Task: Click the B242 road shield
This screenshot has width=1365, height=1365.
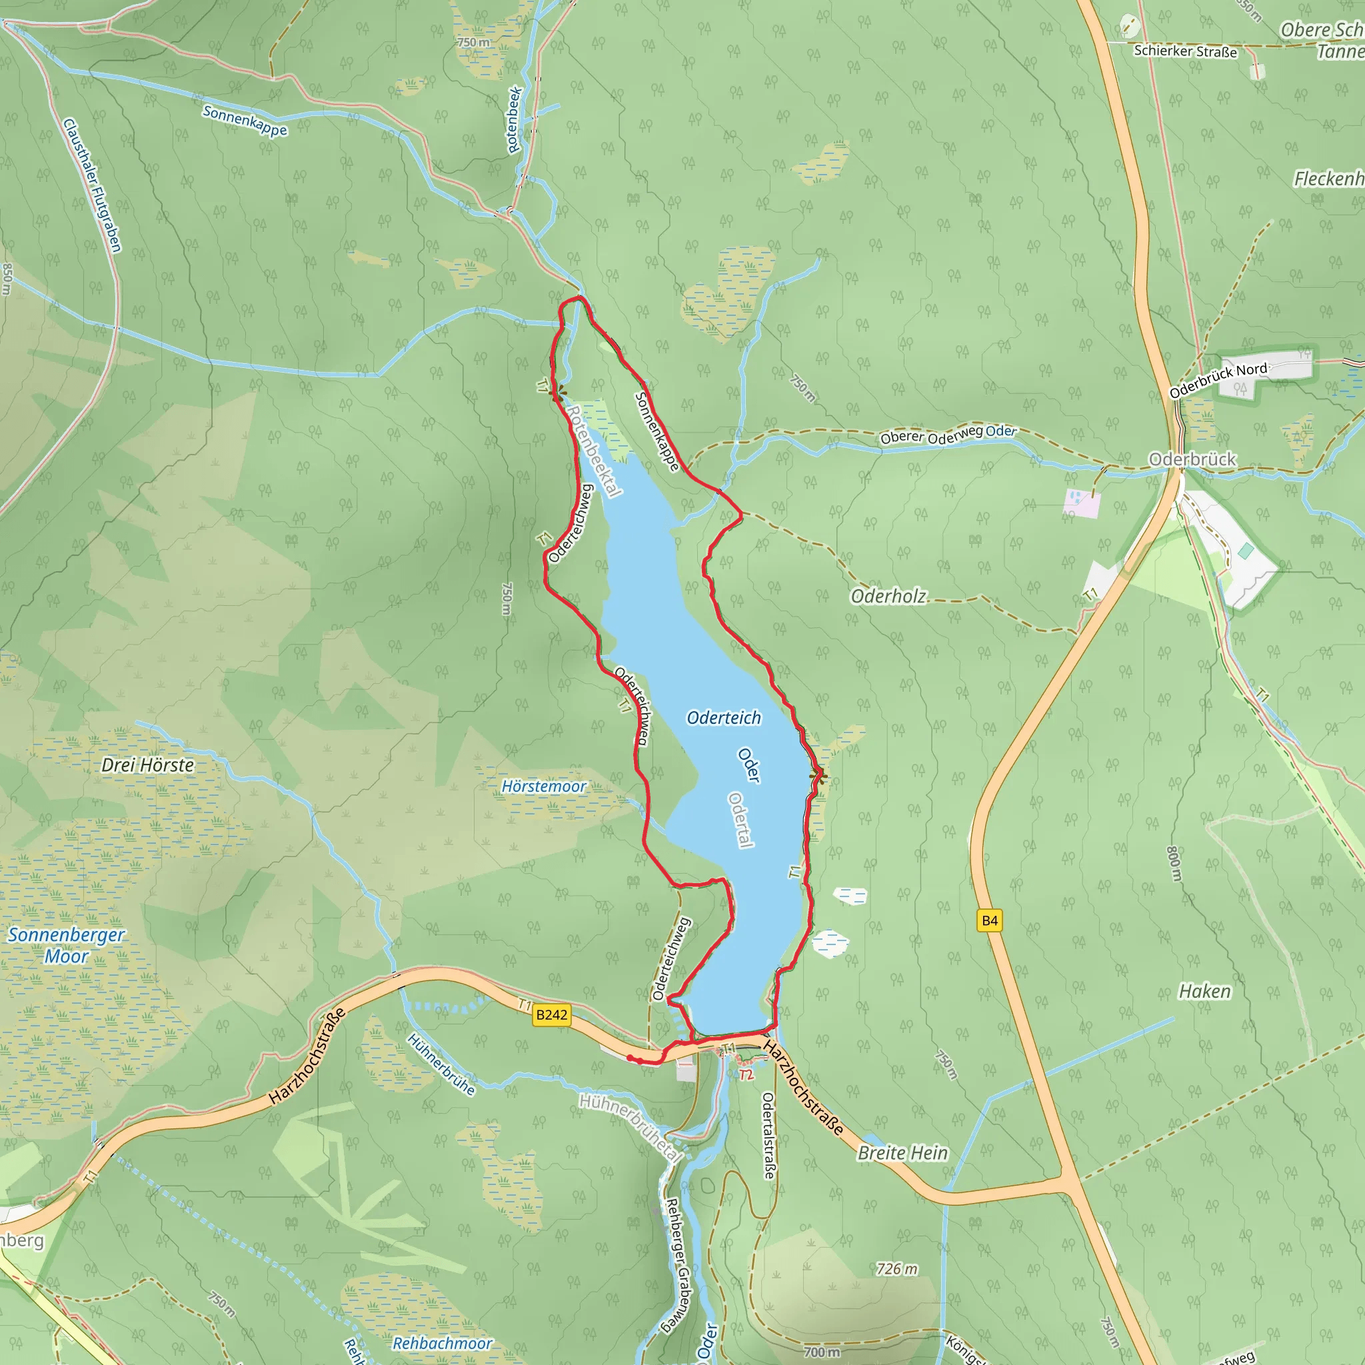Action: [x=551, y=1015]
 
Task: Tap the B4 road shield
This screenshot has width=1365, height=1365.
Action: [x=990, y=920]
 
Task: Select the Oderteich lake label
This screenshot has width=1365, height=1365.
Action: [x=724, y=718]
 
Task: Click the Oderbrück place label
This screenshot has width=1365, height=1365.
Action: [x=1192, y=459]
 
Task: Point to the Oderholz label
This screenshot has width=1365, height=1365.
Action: [x=888, y=597]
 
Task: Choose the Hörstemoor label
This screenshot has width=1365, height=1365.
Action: [x=543, y=786]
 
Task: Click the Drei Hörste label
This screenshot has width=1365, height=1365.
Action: [x=148, y=765]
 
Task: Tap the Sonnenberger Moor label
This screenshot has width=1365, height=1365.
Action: [x=67, y=945]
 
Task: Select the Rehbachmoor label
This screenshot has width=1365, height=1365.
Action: [x=443, y=1343]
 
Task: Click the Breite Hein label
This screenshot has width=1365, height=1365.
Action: [x=902, y=1153]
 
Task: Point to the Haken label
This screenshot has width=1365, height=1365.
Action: [x=1204, y=992]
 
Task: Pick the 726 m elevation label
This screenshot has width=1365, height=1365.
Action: [x=896, y=1269]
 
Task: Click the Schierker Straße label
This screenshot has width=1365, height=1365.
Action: [x=1186, y=51]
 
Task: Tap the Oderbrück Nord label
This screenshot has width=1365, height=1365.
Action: [x=1218, y=380]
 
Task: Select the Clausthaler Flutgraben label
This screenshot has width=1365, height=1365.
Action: [x=93, y=185]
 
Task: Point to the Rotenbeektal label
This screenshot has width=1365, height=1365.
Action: [x=593, y=451]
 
